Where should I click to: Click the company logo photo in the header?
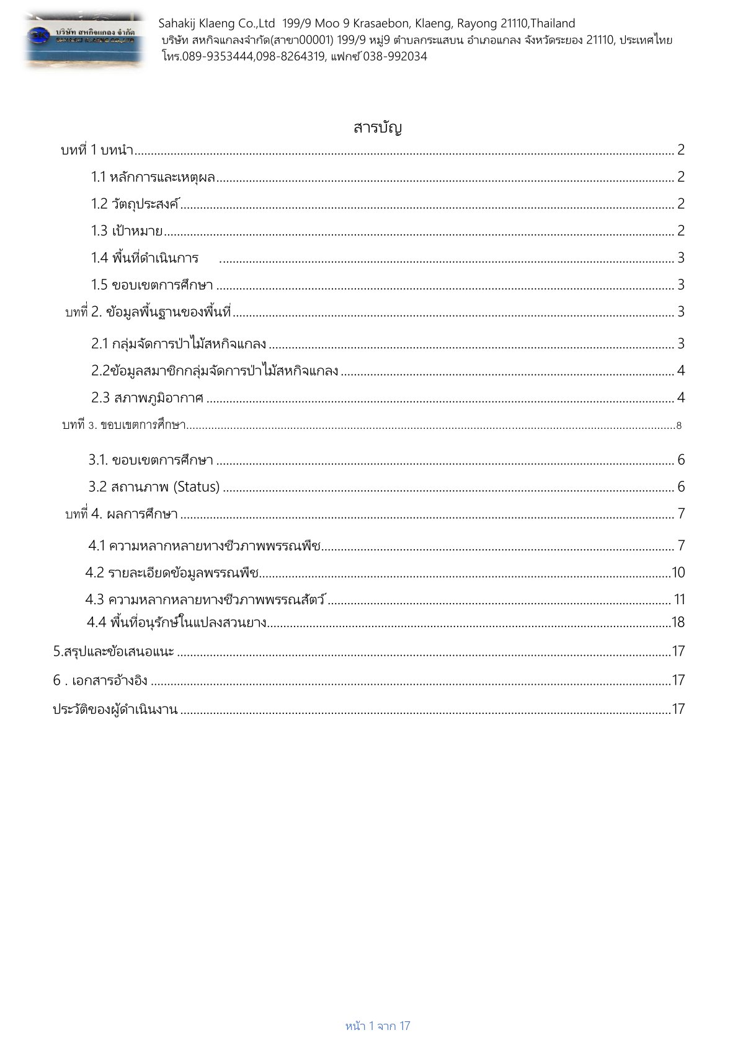tap(85, 40)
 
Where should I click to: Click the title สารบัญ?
tap(378, 128)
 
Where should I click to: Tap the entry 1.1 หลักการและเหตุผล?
tap(153, 177)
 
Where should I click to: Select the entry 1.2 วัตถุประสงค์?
tap(135, 204)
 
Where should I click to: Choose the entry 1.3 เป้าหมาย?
tap(127, 231)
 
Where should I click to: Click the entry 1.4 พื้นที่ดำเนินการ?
tap(144, 258)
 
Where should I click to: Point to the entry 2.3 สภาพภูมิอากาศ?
tap(147, 398)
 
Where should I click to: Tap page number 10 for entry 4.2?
tap(678, 573)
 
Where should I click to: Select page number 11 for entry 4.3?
tap(679, 599)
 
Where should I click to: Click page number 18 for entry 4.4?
tap(678, 622)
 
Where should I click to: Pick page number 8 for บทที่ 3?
tap(679, 426)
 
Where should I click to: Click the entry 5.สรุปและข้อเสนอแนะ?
tap(113, 651)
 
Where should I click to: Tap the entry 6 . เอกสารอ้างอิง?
tap(100, 680)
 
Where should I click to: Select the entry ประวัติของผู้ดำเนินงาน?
tap(115, 710)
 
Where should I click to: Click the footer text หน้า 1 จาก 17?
tap(378, 1026)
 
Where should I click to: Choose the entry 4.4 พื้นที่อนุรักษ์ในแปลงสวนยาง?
tap(177, 622)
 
